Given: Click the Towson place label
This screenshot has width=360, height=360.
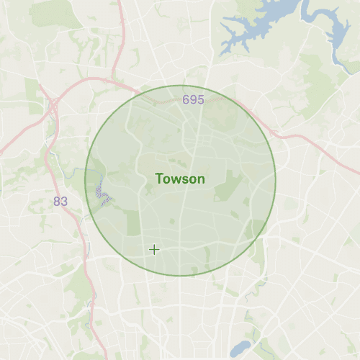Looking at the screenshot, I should pos(180,179).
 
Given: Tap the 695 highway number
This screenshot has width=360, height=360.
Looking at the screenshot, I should pos(193,100).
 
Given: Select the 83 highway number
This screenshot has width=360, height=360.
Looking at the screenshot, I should pos(60,201).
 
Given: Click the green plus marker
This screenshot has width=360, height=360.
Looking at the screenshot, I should pos(153,249).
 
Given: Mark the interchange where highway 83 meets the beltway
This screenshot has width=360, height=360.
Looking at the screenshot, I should pos(52,101).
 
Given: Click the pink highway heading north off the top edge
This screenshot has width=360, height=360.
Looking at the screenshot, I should pos(123,22).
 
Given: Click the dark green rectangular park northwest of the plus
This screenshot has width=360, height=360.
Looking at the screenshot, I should pos(134,224).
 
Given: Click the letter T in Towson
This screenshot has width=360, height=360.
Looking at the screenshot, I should pos(160,179).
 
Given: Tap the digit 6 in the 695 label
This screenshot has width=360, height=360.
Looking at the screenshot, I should pos(186,100).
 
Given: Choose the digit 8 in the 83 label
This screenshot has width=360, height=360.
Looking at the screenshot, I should pos(57,201).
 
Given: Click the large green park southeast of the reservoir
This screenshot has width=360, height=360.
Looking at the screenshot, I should pos(317,79).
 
